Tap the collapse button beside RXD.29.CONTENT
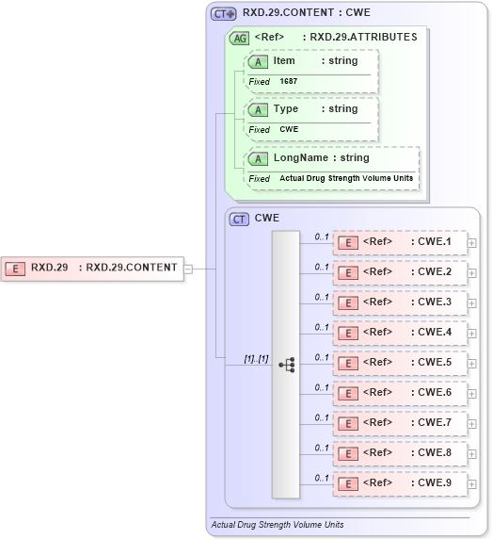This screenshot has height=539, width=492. click(x=189, y=268)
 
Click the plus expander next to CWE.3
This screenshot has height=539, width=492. click(x=472, y=303)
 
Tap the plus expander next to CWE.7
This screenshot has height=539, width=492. click(x=472, y=424)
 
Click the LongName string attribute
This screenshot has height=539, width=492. click(x=320, y=158)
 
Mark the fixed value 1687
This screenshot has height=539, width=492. click(x=289, y=82)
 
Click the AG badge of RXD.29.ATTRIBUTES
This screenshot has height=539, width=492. click(x=240, y=38)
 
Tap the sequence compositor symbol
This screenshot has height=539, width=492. click(x=287, y=364)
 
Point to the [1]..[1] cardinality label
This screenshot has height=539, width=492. click(x=256, y=358)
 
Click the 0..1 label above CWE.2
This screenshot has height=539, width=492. click(x=322, y=267)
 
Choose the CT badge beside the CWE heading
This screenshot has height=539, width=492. click(x=240, y=219)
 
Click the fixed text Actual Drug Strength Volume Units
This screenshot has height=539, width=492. click(x=345, y=178)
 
